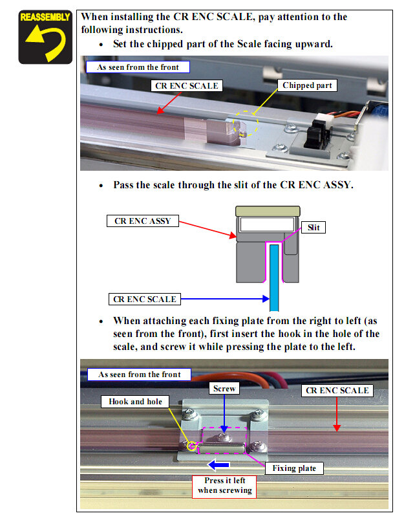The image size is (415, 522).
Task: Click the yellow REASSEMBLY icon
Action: click(x=45, y=37)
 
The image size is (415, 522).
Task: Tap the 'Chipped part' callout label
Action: click(x=307, y=85)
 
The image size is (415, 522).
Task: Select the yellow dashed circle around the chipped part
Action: click(x=246, y=124)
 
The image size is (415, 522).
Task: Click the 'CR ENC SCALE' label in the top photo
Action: click(x=187, y=85)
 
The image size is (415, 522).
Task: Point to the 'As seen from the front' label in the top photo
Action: click(x=138, y=67)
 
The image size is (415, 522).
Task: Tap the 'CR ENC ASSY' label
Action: click(x=142, y=221)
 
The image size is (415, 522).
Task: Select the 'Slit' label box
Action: click(x=314, y=228)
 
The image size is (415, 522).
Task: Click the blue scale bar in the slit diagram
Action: click(x=274, y=277)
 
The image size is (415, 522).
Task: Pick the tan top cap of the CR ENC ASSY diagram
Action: click(x=268, y=211)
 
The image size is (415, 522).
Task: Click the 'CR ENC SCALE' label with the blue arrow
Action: click(x=145, y=299)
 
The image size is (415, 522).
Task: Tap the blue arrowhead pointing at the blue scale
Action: click(x=266, y=299)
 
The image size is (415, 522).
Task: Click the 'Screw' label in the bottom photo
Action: click(x=224, y=389)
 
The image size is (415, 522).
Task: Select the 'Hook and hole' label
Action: click(x=135, y=402)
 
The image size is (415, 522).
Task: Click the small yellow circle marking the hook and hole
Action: click(x=191, y=446)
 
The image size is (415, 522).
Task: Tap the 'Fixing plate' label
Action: click(x=294, y=468)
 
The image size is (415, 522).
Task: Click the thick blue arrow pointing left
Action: click(x=218, y=464)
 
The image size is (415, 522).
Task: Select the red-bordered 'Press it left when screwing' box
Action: click(x=224, y=486)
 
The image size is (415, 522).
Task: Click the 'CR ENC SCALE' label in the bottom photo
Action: click(x=337, y=391)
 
